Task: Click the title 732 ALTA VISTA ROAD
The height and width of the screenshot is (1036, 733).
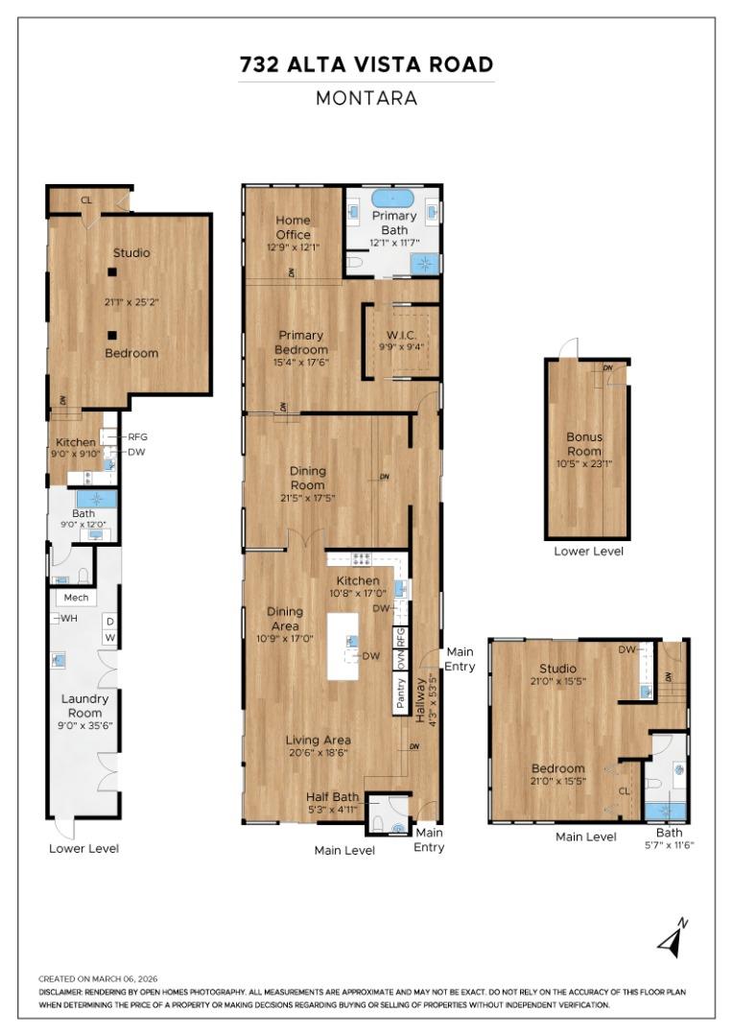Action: (x=366, y=65)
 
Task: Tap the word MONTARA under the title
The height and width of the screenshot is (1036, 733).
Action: (x=366, y=98)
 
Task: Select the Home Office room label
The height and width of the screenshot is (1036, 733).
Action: (x=293, y=227)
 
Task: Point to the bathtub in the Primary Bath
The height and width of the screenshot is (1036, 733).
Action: (x=394, y=200)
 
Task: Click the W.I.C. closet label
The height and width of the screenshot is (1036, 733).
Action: (x=402, y=335)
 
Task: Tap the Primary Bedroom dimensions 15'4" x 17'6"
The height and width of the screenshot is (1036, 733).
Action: (x=301, y=362)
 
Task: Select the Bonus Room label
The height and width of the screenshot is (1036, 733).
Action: (x=584, y=444)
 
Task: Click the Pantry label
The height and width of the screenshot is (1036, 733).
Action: (x=401, y=694)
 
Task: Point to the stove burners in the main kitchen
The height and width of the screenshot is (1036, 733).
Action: (x=363, y=559)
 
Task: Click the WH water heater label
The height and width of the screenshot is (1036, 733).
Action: (x=69, y=619)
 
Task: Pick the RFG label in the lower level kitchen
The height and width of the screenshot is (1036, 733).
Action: (x=137, y=436)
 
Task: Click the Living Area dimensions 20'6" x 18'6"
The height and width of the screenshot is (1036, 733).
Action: (x=318, y=753)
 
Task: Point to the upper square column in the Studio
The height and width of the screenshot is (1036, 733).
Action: (x=112, y=271)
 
